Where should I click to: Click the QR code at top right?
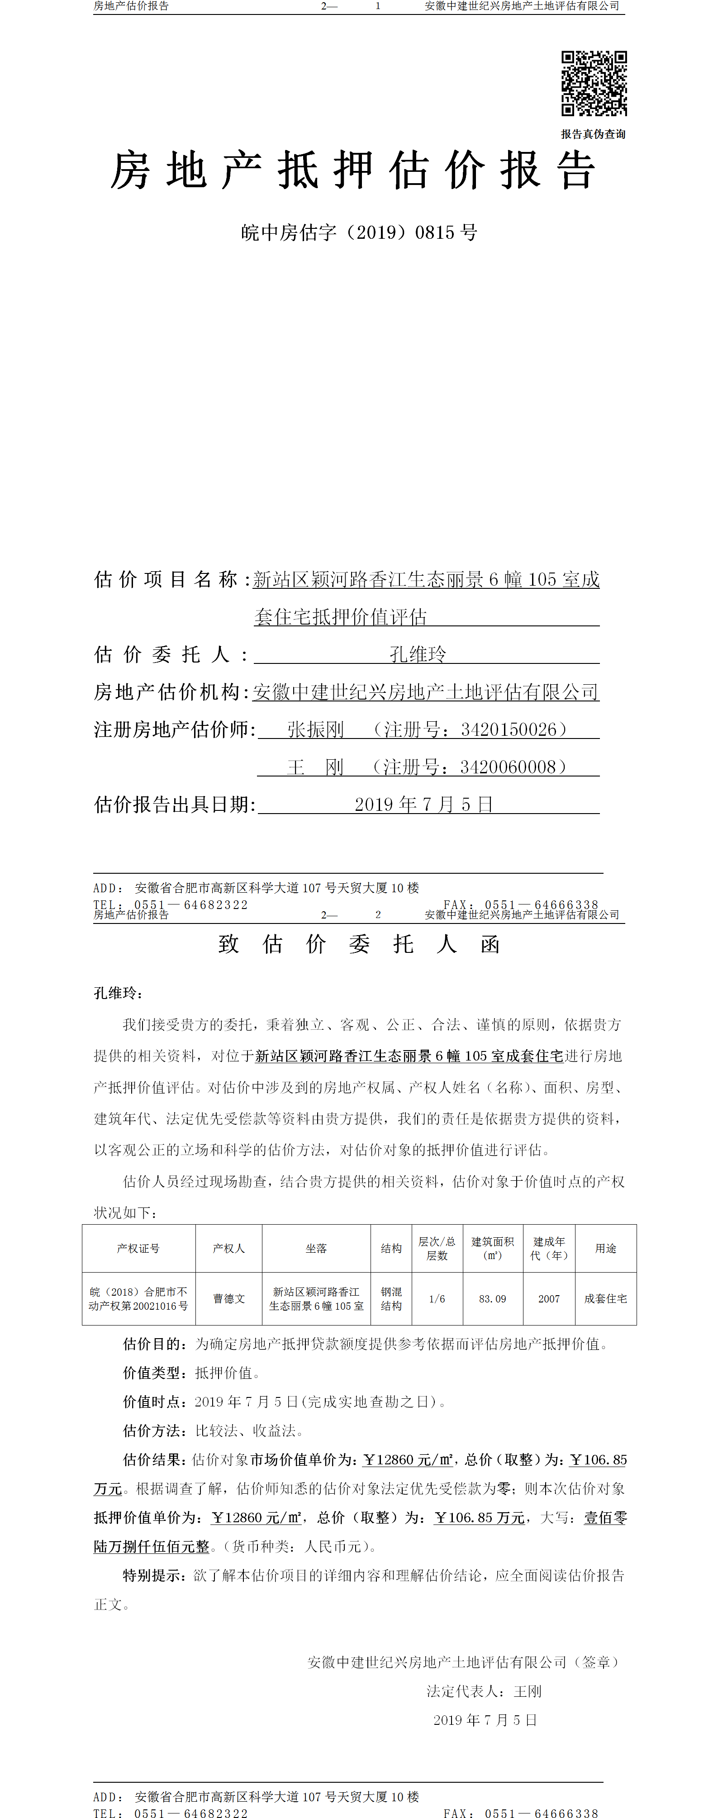(x=594, y=83)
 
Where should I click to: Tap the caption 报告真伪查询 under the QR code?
(x=593, y=134)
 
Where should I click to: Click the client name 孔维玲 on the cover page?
(x=418, y=654)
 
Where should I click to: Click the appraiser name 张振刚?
(x=316, y=730)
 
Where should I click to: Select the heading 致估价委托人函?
(x=359, y=944)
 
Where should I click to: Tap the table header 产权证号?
(x=138, y=1249)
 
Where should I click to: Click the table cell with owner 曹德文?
(x=229, y=1298)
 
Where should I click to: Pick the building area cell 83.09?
(x=492, y=1298)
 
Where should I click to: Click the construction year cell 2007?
(x=548, y=1298)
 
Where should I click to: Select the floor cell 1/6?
(x=437, y=1298)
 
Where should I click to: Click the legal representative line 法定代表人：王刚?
(x=484, y=1691)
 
